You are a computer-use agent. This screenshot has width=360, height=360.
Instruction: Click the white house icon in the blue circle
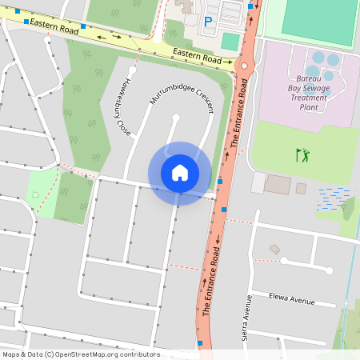180,173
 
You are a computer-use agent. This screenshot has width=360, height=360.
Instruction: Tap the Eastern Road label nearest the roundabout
197,58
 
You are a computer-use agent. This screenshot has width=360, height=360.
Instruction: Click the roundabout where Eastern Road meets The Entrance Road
244,65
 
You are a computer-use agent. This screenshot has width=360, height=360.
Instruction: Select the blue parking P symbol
209,22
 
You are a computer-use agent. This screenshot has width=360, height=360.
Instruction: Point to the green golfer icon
302,154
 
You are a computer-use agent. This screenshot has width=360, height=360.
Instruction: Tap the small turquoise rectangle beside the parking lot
230,42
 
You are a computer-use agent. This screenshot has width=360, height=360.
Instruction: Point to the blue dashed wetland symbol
334,198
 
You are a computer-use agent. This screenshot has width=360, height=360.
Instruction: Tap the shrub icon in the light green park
35,194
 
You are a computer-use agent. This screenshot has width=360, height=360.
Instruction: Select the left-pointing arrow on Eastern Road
101,36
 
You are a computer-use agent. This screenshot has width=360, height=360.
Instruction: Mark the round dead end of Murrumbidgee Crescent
176,118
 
